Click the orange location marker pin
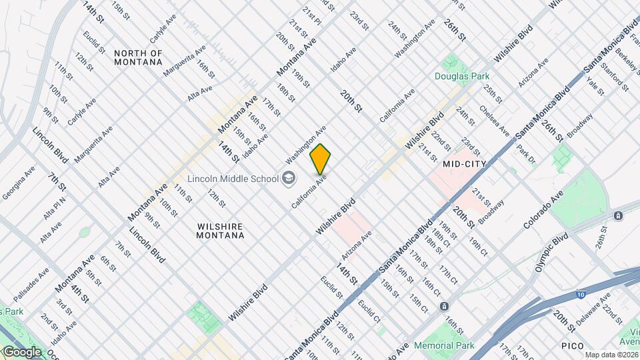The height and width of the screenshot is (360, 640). [x=320, y=159]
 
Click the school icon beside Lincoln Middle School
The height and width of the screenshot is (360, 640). [x=289, y=177]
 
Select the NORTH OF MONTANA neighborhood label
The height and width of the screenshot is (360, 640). [x=138, y=57]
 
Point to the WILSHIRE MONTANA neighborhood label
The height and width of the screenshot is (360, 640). [x=221, y=230]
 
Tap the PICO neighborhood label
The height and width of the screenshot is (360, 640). [x=573, y=345]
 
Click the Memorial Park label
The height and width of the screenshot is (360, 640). [x=444, y=345]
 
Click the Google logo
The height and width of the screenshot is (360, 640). [x=21, y=351]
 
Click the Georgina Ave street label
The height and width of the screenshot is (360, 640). [x=19, y=185]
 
